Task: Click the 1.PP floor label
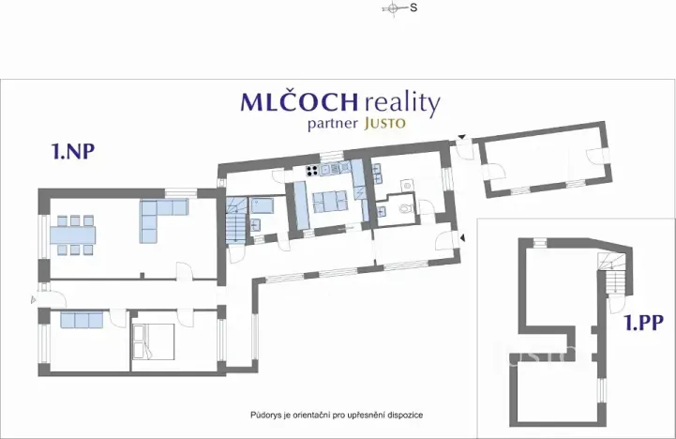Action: pos(645,324)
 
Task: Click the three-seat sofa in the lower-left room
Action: pos(82,321)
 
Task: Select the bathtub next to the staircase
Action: pos(260,205)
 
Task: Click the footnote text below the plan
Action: pos(342,413)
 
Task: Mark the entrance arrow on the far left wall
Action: pos(34,299)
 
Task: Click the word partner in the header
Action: pos(328,125)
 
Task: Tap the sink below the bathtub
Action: pos(256,224)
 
